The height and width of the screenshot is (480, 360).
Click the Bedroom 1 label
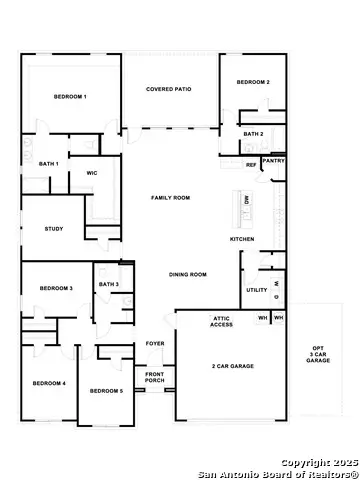[69, 96]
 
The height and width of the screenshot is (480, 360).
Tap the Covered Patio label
[169, 89]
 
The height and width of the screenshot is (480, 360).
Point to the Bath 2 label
[253, 133]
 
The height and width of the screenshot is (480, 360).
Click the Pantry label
[273, 159]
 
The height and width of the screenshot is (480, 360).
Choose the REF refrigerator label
[251, 165]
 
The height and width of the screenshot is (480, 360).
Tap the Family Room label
[170, 198]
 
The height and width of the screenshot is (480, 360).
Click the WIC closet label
[91, 172]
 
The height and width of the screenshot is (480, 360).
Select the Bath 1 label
[49, 163]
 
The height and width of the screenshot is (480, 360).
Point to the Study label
[54, 229]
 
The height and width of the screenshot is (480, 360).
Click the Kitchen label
[243, 239]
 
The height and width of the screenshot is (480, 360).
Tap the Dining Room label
[187, 274]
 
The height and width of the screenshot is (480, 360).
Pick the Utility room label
[256, 291]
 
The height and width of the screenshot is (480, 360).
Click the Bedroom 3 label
[56, 288]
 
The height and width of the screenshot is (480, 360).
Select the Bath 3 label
[109, 285]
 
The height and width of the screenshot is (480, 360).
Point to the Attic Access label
[222, 322]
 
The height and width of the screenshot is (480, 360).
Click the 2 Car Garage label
[233, 367]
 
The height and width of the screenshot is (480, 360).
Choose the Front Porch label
[155, 377]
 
